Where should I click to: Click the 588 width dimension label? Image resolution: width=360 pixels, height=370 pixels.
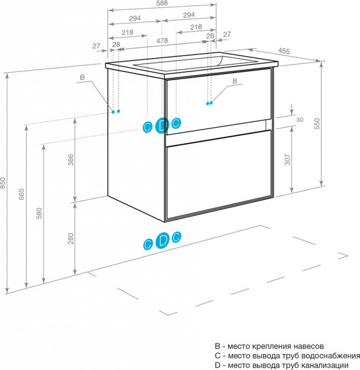pyautogui.click(x=162, y=3)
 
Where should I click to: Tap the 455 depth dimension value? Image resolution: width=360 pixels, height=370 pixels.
pyautogui.click(x=284, y=51)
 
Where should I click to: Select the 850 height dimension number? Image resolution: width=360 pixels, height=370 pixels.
pyautogui.click(x=2, y=183)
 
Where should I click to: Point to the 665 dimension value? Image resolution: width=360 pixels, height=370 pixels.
pyautogui.click(x=21, y=194)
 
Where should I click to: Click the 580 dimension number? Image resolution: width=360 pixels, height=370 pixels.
pyautogui.click(x=39, y=213)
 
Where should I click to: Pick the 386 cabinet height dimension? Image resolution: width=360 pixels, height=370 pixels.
pyautogui.click(x=70, y=160)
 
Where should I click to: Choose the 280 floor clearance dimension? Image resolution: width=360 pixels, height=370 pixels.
pyautogui.click(x=70, y=238)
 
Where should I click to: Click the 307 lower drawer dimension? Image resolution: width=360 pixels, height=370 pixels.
pyautogui.click(x=287, y=159)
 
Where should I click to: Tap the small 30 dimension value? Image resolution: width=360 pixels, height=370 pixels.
pyautogui.click(x=299, y=120)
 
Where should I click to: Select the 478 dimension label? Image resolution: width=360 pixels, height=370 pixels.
pyautogui.click(x=162, y=41)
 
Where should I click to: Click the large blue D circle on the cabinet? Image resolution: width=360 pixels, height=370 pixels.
pyautogui.click(x=162, y=125)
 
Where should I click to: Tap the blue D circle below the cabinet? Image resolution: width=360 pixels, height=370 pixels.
pyautogui.click(x=162, y=240)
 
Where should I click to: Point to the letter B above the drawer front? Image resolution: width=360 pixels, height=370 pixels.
pyautogui.click(x=235, y=81)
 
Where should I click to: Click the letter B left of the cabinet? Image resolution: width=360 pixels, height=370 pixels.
pyautogui.click(x=82, y=77)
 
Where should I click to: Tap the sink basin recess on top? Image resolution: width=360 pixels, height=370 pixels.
pyautogui.click(x=195, y=63)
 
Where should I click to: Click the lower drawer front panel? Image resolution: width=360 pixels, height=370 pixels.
pyautogui.click(x=219, y=175)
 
